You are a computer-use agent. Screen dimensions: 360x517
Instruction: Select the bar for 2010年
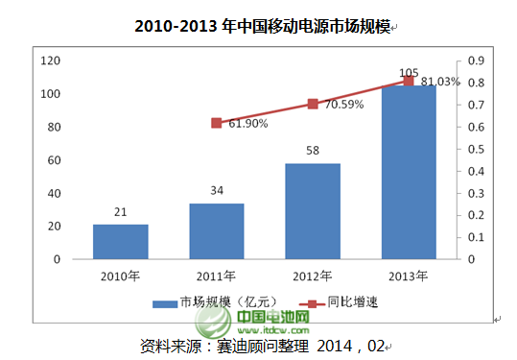point(120,242)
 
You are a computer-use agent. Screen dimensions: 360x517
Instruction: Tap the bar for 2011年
point(216,231)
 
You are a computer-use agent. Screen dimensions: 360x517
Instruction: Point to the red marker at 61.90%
point(216,123)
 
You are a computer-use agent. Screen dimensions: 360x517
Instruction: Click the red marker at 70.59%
point(313,104)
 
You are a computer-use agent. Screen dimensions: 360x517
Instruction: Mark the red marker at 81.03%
point(409,81)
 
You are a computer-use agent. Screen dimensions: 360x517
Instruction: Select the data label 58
point(313,152)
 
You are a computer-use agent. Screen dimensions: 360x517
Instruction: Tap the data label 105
point(409,72)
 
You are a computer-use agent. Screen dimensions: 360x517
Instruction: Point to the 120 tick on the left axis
point(51,60)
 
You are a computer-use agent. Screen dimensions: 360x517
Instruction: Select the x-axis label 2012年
point(313,276)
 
